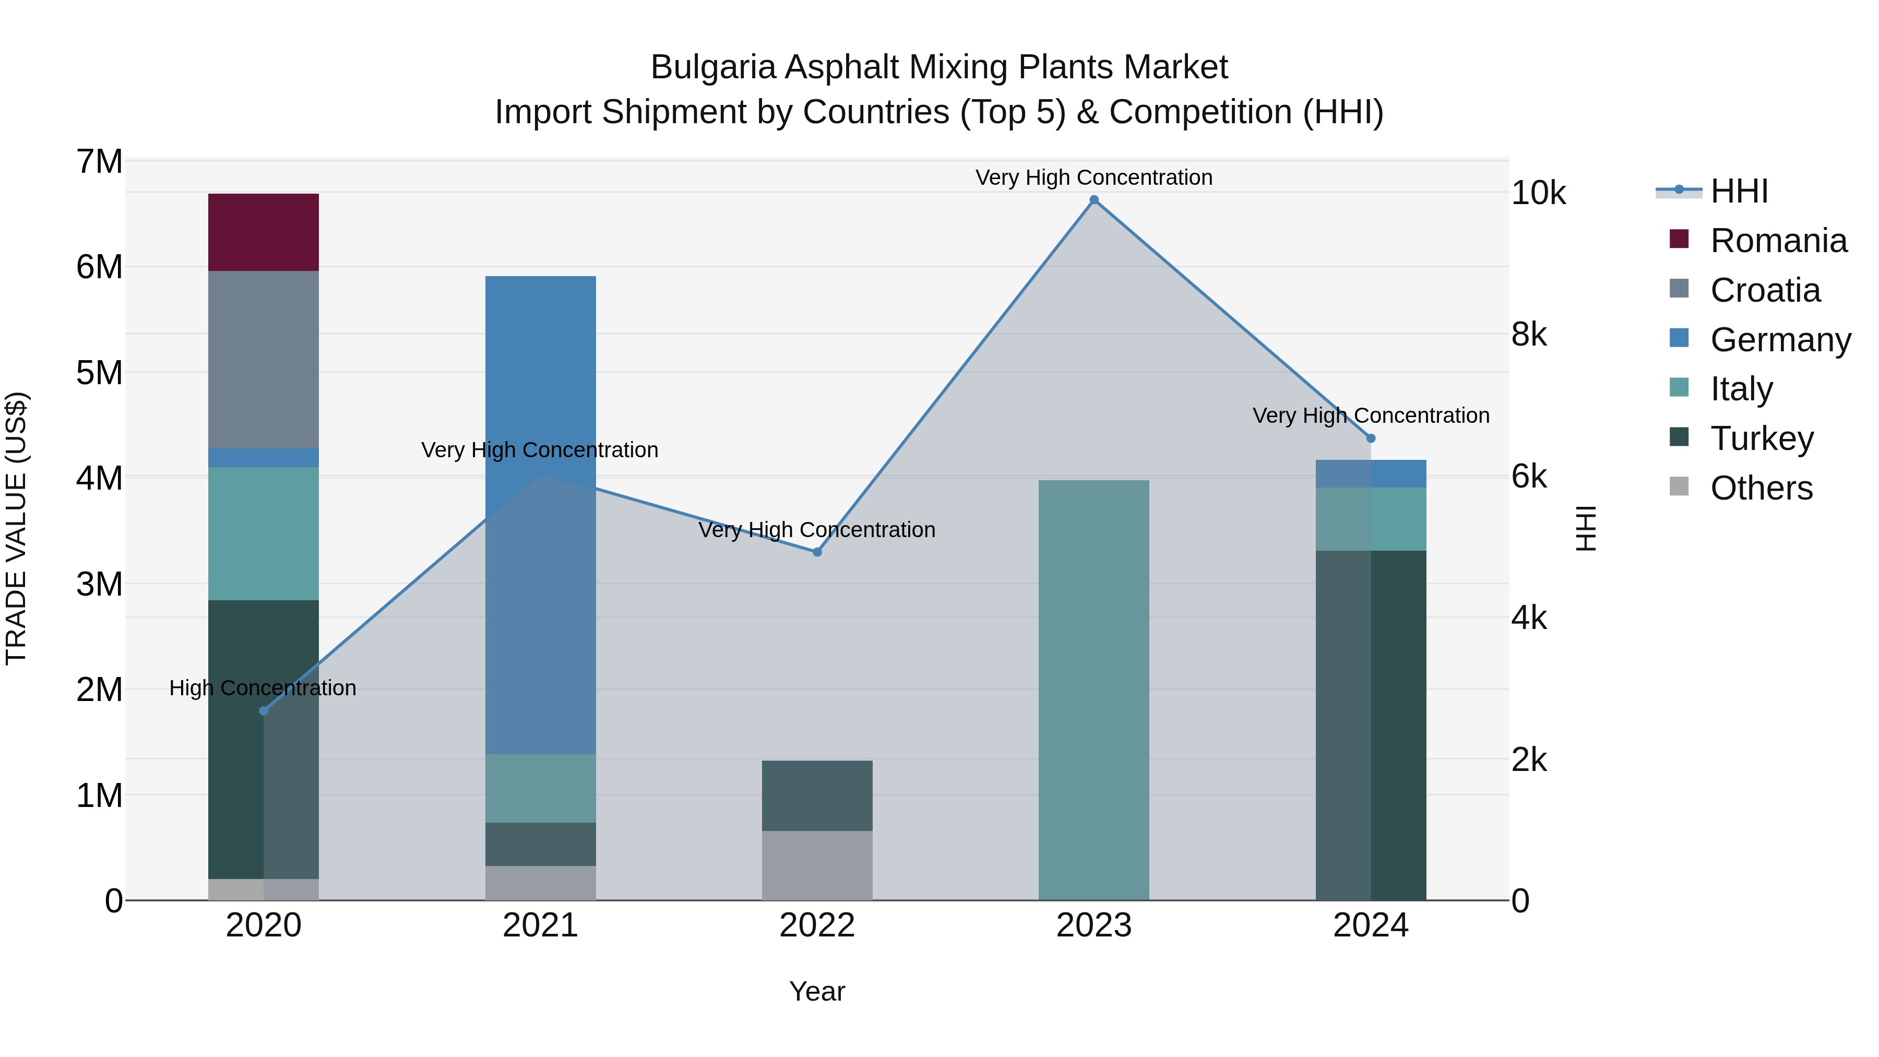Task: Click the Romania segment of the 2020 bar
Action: tap(264, 232)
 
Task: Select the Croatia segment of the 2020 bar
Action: tap(264, 359)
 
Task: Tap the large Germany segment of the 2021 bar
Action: tap(541, 514)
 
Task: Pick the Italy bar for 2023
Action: tap(1093, 690)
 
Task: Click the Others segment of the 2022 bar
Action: tap(817, 865)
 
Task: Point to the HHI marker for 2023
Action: tap(1093, 200)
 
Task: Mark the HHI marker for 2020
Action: tap(264, 710)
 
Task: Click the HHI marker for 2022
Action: tap(817, 552)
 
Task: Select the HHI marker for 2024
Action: tap(1371, 438)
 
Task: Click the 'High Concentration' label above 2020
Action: tap(263, 688)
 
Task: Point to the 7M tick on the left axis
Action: tap(99, 161)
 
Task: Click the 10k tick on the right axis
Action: tap(1538, 193)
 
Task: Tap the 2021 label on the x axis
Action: tap(541, 925)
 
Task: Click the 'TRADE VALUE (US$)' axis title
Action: tap(16, 528)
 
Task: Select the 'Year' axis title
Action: tap(817, 991)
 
